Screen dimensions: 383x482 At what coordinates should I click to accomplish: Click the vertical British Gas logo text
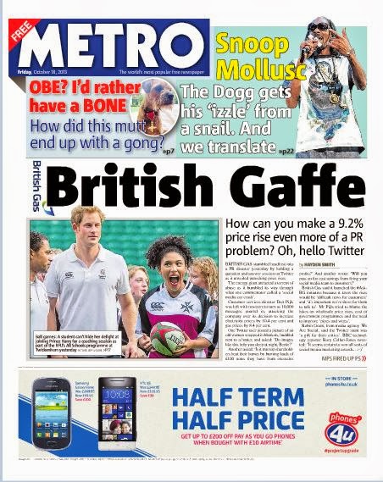36,182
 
